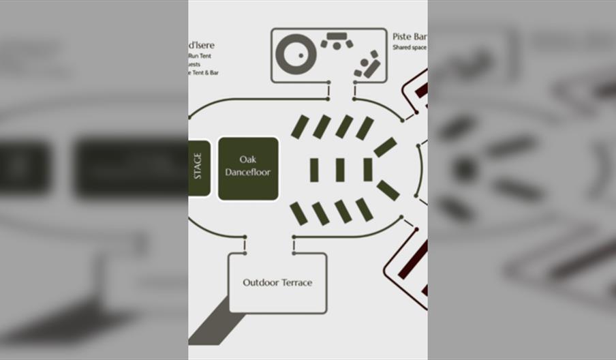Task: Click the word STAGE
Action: [198, 166]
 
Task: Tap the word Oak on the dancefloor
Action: [247, 160]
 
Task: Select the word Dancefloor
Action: [247, 172]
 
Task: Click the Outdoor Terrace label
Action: [277, 282]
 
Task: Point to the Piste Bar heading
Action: [410, 36]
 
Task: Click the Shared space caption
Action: [410, 48]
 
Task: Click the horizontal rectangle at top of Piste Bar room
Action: [336, 36]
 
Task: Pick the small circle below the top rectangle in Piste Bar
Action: [337, 46]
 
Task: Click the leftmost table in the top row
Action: [300, 127]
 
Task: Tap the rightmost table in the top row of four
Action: [365, 128]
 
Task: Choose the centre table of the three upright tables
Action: [340, 170]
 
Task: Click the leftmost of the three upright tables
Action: [314, 170]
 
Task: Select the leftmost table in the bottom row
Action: [298, 213]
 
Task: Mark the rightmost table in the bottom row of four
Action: [365, 209]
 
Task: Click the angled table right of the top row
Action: [385, 147]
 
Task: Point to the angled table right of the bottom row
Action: [388, 190]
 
